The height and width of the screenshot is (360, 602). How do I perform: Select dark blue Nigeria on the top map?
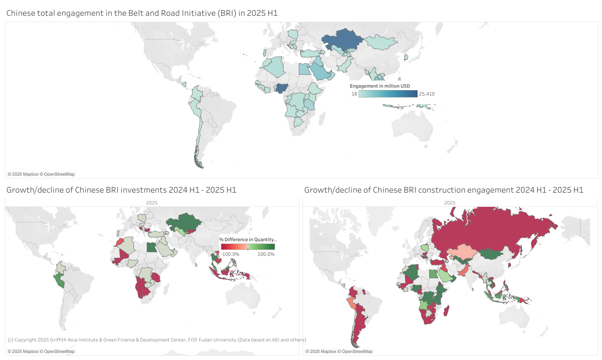tap(282, 88)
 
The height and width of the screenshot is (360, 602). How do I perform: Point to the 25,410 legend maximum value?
tap(427, 94)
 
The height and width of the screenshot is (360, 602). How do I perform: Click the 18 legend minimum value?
tap(354, 94)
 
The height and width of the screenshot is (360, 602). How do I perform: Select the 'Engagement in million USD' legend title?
tap(380, 86)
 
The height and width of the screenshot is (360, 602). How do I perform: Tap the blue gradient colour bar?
tap(388, 94)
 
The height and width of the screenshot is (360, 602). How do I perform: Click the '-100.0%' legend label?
tap(230, 254)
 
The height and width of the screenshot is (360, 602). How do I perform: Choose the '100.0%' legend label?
tap(266, 254)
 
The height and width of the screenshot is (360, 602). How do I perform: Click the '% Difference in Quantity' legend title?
tap(248, 240)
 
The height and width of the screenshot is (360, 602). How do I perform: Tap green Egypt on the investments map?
tap(151, 247)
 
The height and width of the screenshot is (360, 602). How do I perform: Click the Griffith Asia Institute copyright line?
tap(157, 340)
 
